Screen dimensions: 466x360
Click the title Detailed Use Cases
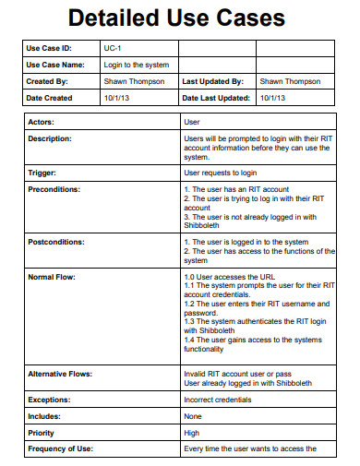click(180, 18)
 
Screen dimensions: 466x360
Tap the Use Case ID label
click(49, 48)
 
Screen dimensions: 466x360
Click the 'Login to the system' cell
click(136, 65)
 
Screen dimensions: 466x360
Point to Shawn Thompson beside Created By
click(135, 81)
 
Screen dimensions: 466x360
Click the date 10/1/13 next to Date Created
click(116, 98)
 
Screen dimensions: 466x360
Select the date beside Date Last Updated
click(273, 98)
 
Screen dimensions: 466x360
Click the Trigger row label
click(42, 172)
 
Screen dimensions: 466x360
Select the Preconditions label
click(54, 189)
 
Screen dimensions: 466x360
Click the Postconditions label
click(56, 242)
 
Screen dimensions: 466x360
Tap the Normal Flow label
click(51, 276)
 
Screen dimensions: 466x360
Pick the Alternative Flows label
click(61, 374)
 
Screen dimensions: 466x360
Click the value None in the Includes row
click(194, 416)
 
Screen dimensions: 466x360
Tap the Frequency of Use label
click(61, 448)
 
